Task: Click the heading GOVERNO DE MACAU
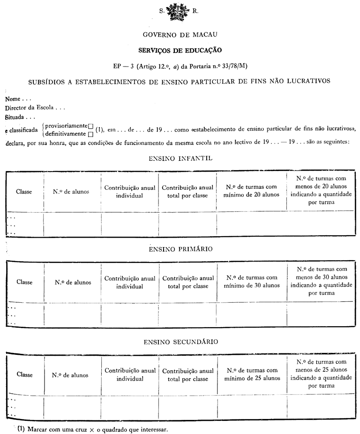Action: click(x=180, y=35)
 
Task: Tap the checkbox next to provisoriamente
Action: click(x=91, y=126)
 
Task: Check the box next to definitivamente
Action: click(x=90, y=134)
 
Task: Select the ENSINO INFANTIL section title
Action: click(x=180, y=158)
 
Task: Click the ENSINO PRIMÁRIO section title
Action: click(x=180, y=249)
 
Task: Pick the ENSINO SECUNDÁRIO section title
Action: click(x=180, y=342)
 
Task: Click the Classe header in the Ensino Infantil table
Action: click(x=24, y=191)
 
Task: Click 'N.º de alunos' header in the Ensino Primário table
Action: click(x=73, y=282)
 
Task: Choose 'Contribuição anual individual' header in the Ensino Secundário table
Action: click(x=129, y=375)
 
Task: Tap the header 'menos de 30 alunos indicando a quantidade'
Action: click(x=322, y=282)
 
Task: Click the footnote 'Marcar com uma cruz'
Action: click(x=92, y=429)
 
